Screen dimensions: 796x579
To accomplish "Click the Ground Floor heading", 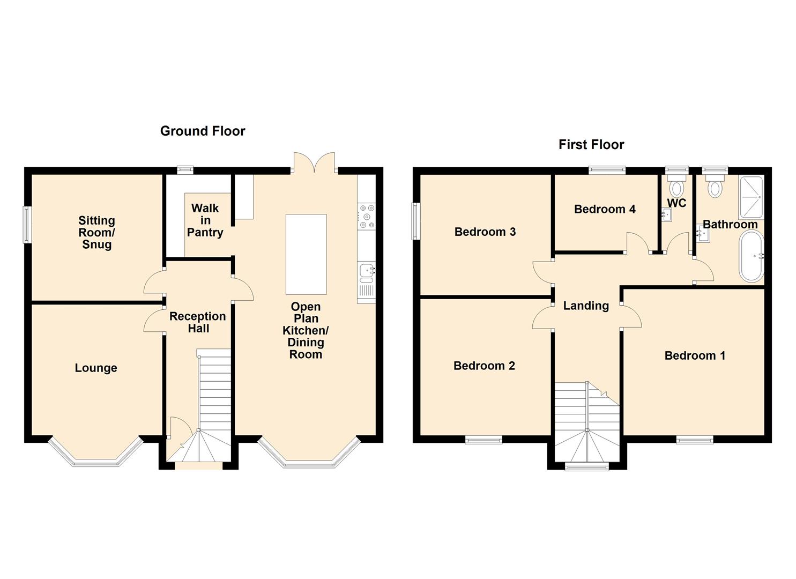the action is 203,131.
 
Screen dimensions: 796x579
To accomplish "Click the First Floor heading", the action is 591,145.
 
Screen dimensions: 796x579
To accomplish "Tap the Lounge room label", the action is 96,368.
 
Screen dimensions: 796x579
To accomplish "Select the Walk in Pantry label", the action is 205,220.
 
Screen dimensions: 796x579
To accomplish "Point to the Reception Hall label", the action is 198,322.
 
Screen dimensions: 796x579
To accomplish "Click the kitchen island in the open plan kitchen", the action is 306,255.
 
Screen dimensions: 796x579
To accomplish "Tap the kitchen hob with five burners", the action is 367,216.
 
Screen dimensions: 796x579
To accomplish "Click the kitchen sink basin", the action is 367,271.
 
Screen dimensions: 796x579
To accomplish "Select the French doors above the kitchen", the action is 314,163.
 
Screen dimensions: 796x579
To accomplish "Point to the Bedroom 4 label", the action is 605,209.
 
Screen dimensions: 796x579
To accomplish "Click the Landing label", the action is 586,306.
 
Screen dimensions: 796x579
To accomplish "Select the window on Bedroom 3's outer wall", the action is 415,221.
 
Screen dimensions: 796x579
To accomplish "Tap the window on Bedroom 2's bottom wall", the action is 484,441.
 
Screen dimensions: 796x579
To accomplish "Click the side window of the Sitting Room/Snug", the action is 27,225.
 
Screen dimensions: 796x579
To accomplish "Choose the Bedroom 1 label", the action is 695,355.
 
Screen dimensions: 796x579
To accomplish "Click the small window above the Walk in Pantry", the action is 185,170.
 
